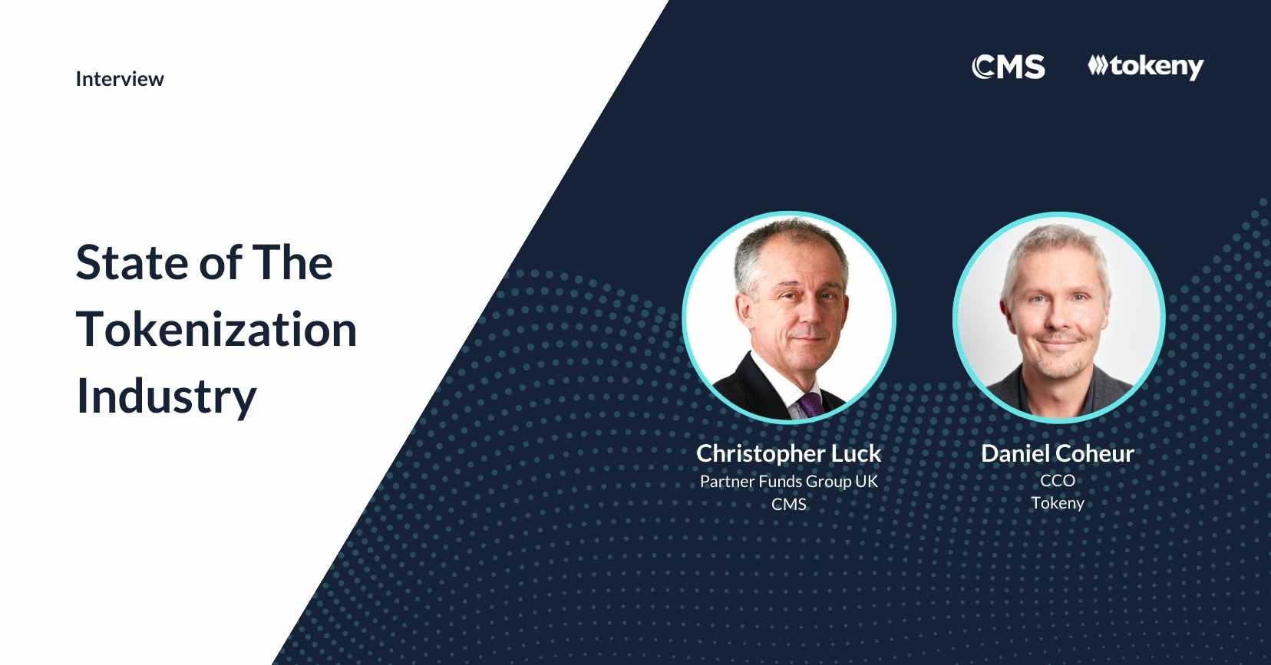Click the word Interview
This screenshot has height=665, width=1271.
click(x=120, y=79)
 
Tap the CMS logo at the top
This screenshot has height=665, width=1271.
click(x=1009, y=66)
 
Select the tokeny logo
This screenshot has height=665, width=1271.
click(x=1146, y=67)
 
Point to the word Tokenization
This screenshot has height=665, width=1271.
click(x=216, y=329)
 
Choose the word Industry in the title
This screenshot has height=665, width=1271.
click(x=167, y=397)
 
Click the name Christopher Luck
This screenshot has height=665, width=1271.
click(x=789, y=453)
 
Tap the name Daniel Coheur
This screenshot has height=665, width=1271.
click(x=1058, y=453)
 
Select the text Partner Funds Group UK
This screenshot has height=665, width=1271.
click(x=789, y=482)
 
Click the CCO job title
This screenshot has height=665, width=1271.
click(x=1058, y=480)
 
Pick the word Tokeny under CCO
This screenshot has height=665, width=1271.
click(x=1058, y=503)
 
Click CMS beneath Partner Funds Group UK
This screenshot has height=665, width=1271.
click(x=789, y=504)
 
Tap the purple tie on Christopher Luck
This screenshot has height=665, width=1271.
click(x=810, y=405)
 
